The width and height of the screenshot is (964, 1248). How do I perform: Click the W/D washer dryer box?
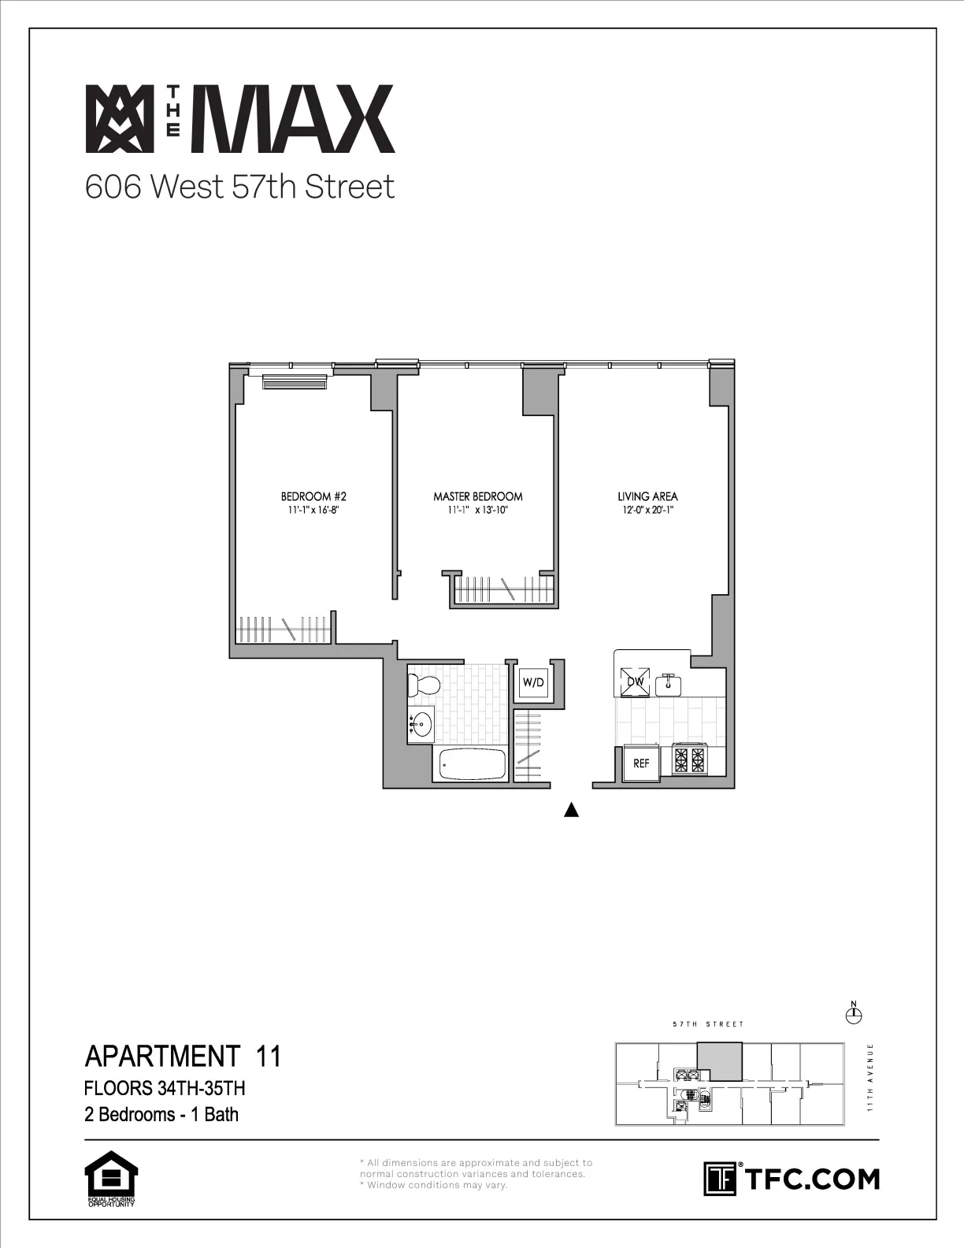533,682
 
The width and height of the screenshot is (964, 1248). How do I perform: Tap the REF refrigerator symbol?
641,763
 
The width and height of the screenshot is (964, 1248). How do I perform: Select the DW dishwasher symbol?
635,682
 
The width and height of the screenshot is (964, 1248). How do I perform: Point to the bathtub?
471,763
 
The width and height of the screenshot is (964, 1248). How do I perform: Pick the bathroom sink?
421,722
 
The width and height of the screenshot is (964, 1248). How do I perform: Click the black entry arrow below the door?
573,810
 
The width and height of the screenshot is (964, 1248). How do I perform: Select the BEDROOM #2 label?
313,496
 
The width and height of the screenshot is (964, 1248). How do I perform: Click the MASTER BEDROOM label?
477,496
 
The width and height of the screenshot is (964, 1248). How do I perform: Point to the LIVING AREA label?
647,496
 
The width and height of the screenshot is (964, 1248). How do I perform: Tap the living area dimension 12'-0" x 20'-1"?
647,510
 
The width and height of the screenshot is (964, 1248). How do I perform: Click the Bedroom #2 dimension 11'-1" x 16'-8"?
313,510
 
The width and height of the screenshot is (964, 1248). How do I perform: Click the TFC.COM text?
811,1179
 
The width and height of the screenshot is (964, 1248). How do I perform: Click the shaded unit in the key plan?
721,1060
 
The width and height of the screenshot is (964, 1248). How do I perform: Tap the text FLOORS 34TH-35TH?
165,1089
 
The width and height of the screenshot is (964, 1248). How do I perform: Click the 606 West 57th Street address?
239,188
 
